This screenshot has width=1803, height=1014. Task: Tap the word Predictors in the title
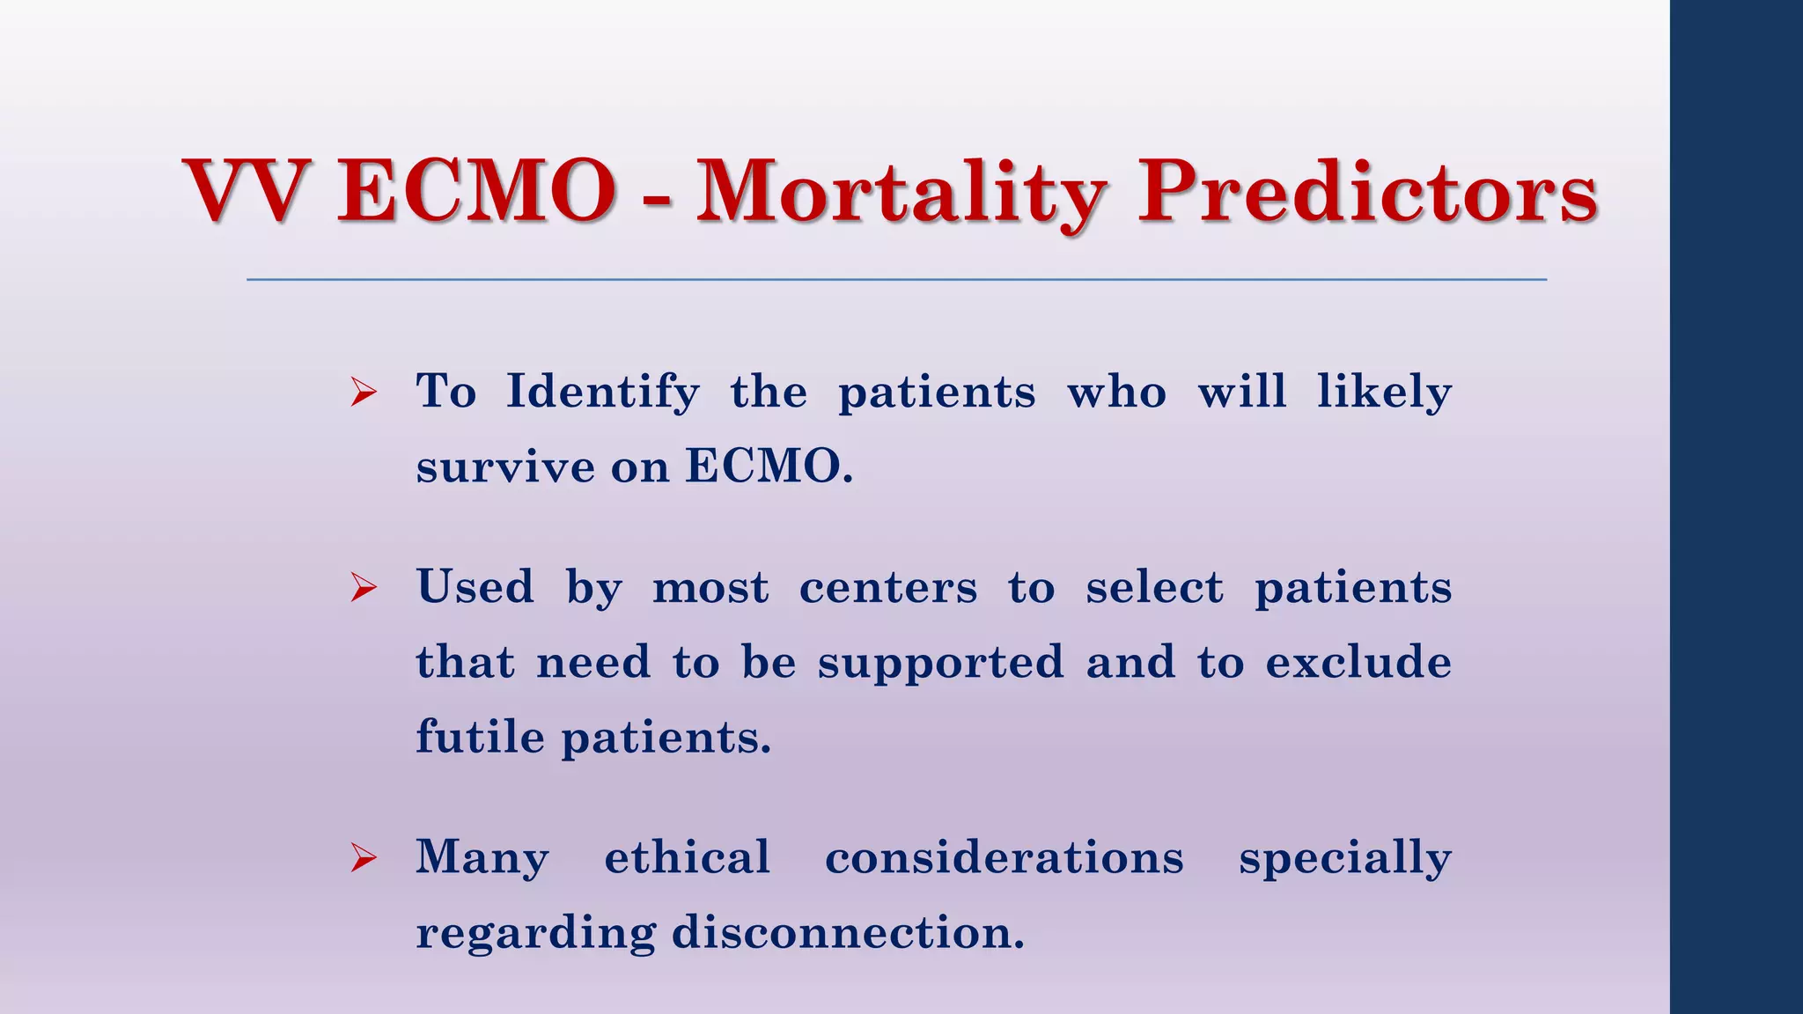click(1367, 192)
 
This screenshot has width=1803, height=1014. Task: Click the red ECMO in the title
click(476, 192)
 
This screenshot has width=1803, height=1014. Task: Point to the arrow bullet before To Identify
click(364, 392)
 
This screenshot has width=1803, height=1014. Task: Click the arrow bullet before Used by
click(364, 587)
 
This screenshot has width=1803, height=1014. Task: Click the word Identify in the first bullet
click(603, 392)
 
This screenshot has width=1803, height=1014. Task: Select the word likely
click(1383, 392)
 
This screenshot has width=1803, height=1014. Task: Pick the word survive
click(504, 467)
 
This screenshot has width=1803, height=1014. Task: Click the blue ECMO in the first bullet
click(768, 467)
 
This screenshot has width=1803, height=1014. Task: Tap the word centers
click(887, 587)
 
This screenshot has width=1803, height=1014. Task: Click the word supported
click(940, 663)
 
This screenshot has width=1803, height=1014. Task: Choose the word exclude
click(1358, 663)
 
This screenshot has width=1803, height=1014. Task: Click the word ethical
click(687, 857)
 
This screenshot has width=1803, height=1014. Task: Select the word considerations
click(1004, 857)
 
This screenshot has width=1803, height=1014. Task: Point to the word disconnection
click(848, 932)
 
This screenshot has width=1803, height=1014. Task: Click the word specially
click(1344, 859)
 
